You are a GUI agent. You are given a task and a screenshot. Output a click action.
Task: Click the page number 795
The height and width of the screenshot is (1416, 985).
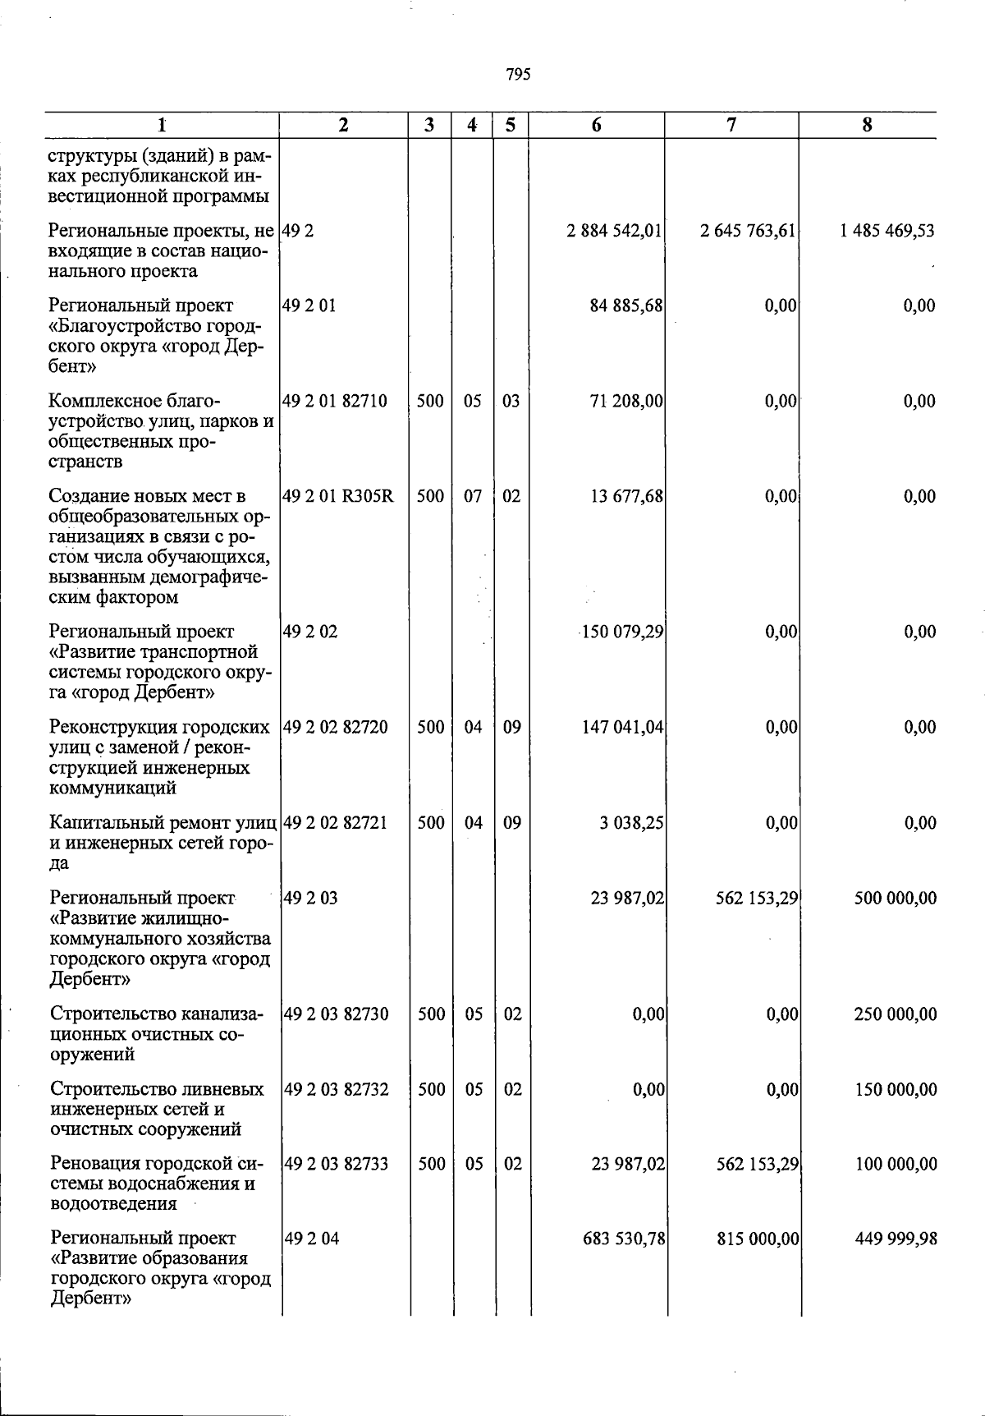518,75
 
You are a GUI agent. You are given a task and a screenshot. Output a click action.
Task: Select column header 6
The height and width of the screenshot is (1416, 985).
596,125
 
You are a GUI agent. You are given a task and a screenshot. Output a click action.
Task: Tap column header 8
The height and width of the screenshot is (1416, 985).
867,125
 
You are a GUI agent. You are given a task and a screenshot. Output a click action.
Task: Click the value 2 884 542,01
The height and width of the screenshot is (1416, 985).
614,231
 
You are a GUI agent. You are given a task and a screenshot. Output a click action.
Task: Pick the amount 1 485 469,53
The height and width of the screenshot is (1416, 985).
886,231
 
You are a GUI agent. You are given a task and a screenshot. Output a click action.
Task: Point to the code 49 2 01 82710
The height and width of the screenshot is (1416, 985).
335,402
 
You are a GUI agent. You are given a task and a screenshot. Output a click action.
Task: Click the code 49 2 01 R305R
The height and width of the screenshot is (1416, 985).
338,497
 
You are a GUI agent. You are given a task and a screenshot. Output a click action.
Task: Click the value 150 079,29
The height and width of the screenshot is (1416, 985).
622,632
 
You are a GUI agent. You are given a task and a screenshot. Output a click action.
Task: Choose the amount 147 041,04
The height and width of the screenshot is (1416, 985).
622,728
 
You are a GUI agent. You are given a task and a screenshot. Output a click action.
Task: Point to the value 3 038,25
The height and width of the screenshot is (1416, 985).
631,823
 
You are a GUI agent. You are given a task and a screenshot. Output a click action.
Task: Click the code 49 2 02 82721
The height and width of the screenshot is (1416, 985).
335,823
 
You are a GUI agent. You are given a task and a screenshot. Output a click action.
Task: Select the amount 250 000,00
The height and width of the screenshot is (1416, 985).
895,1014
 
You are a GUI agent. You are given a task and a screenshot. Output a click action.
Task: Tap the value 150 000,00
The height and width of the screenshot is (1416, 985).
895,1090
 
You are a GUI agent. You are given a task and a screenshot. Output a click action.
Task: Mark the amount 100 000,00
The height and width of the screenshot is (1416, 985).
895,1165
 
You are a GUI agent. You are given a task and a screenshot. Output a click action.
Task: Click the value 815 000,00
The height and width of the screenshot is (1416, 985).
757,1239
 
